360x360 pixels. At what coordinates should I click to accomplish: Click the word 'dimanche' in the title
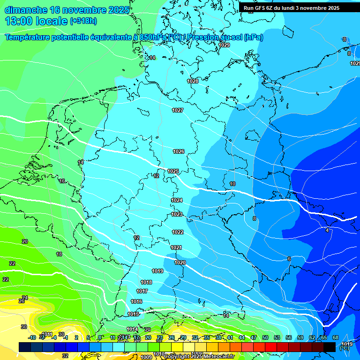26,10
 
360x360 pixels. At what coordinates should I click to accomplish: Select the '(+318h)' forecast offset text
83,21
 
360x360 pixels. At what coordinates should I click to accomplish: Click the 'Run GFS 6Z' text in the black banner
260,8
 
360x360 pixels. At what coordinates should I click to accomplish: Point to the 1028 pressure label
193,81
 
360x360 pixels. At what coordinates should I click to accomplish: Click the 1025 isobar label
173,171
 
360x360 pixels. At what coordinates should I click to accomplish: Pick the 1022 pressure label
178,232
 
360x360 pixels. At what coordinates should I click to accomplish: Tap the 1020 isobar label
180,262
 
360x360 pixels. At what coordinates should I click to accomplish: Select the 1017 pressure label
142,291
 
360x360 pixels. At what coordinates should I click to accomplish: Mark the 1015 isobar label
134,314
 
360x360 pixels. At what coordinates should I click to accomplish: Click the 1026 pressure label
179,151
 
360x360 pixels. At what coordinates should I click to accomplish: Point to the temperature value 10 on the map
232,184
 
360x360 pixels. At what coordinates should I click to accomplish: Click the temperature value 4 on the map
327,230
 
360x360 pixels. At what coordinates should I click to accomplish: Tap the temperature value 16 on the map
62,181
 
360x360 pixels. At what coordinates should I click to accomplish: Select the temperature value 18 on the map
59,254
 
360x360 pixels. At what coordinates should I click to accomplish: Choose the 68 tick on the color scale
336,337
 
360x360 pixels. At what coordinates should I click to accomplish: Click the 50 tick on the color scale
265,337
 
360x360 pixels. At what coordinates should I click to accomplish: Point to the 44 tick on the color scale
242,337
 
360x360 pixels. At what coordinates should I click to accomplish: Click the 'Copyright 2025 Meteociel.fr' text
199,356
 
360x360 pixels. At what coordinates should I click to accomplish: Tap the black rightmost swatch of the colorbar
330,347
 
